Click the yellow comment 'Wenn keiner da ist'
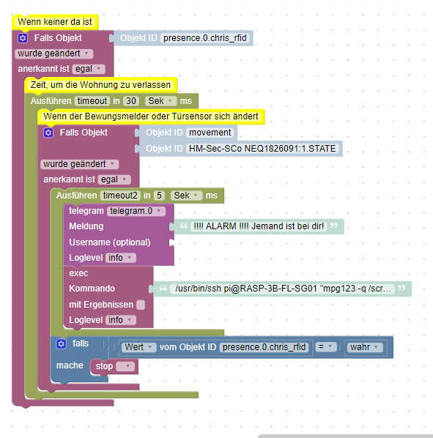(x=55, y=22)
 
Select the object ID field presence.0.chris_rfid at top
(x=205, y=38)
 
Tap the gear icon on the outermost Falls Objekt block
(x=23, y=38)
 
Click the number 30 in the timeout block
(x=131, y=101)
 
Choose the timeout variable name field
(x=92, y=101)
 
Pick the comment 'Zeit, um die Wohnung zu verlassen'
(x=100, y=85)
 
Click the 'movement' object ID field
(x=210, y=133)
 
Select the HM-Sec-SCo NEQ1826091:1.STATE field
(x=262, y=149)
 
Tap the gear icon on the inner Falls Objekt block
(x=48, y=133)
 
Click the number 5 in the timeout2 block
(x=159, y=196)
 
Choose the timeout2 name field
(x=120, y=196)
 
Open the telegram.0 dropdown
(x=136, y=211)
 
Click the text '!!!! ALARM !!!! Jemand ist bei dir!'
(x=259, y=226)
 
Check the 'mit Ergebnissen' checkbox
(x=141, y=305)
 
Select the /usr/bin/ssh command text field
(x=282, y=289)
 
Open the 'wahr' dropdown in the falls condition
(x=365, y=347)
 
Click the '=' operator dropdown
(x=326, y=347)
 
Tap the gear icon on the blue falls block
(x=62, y=344)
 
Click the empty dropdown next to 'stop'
(x=125, y=366)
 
